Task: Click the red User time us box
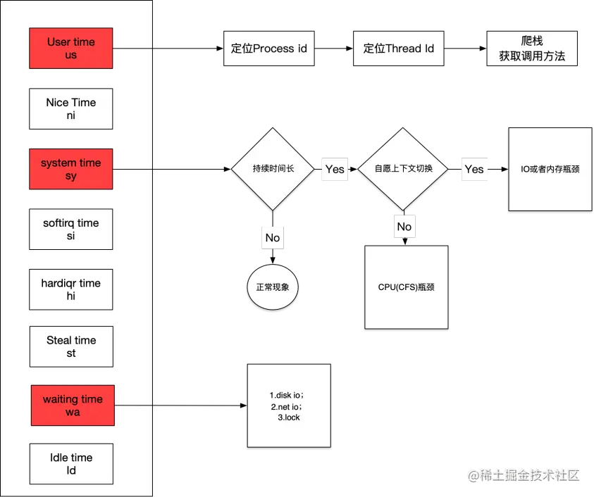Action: (x=71, y=49)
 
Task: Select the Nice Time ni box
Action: (x=70, y=109)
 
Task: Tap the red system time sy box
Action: (x=70, y=169)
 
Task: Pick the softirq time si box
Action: (x=70, y=229)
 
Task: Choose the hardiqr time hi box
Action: (x=70, y=289)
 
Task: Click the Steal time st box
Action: (x=71, y=346)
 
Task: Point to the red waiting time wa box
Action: (x=73, y=405)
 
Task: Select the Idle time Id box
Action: (x=71, y=464)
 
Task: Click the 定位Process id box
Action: (x=268, y=49)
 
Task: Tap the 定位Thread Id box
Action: (x=398, y=49)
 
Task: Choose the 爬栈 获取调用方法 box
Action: (x=532, y=49)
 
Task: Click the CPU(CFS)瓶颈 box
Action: (x=406, y=287)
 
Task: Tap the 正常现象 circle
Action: (x=273, y=288)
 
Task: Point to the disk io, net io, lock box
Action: (x=288, y=405)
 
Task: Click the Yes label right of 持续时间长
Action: (x=335, y=169)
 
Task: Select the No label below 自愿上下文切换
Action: (x=404, y=227)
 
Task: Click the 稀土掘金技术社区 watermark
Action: (x=524, y=474)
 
